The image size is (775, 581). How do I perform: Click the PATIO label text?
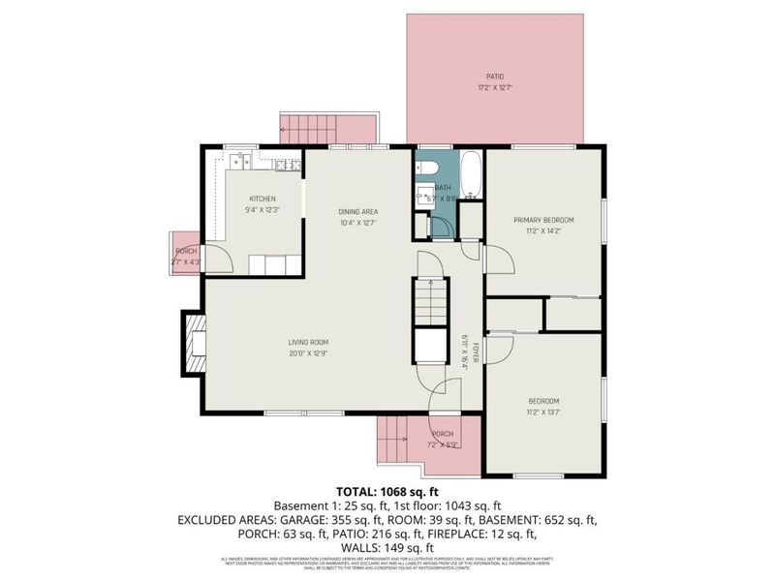[x=495, y=76]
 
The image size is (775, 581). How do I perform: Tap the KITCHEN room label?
[x=263, y=199]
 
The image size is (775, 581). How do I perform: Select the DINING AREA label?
[x=357, y=211]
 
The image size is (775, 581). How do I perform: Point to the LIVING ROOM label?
[x=309, y=342]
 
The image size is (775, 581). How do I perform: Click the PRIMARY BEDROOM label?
[x=542, y=220]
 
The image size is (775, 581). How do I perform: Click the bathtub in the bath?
[x=470, y=174]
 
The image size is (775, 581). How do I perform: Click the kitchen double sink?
[x=238, y=163]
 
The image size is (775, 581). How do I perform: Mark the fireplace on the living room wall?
[x=195, y=344]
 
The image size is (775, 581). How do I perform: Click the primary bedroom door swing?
[x=497, y=259]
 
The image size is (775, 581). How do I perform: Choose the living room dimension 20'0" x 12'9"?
[x=309, y=353]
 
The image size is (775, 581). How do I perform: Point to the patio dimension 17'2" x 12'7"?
[x=495, y=88]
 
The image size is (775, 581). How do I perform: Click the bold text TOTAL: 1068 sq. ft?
[x=387, y=491]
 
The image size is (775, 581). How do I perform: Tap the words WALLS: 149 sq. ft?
[x=387, y=547]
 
